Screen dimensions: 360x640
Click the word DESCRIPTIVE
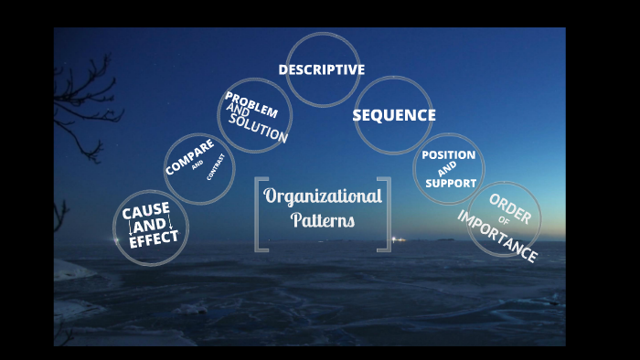321,69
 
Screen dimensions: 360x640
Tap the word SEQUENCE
393,115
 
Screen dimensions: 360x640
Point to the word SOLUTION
259,130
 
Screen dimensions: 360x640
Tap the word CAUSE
146,211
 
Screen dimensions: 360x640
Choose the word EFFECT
154,241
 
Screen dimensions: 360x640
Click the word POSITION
448,155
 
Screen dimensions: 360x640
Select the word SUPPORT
450,183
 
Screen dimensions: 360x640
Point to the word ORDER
510,209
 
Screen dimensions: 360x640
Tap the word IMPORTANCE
496,237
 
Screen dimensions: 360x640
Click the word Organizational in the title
323,196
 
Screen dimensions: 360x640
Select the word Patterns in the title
323,220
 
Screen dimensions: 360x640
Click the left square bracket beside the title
261,215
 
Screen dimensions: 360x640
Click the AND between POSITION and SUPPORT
447,169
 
